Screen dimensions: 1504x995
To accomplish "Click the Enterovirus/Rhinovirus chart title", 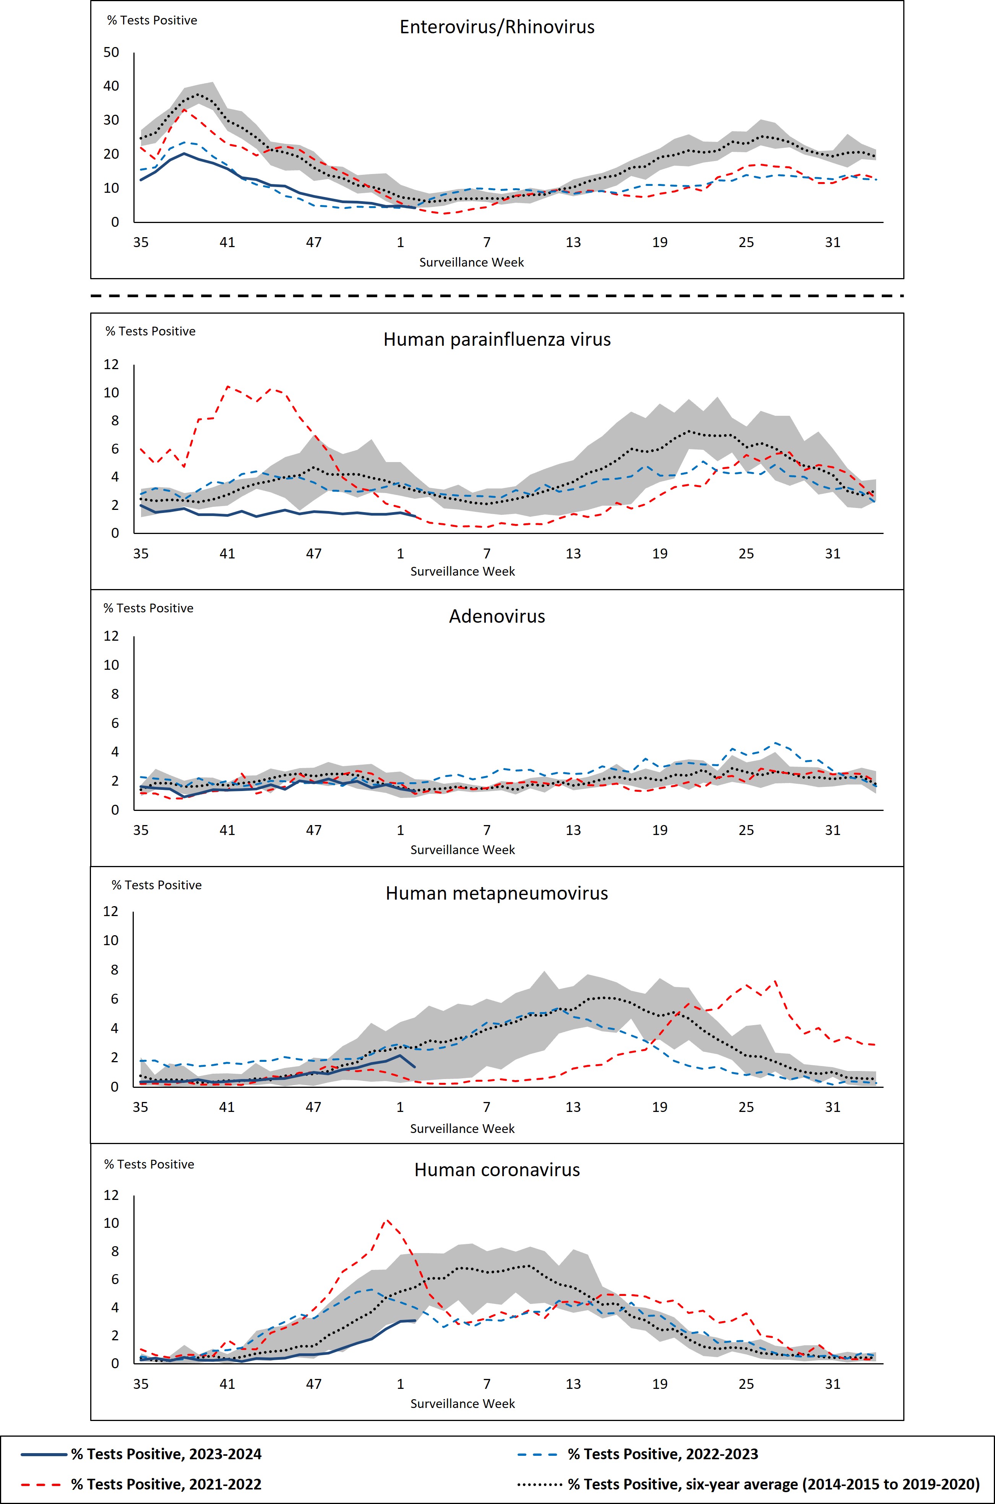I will (497, 27).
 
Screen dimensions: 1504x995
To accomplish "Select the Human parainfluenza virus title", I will (497, 340).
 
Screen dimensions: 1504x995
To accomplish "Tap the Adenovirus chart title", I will (497, 617).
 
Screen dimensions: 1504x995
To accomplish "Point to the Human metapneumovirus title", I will (497, 893).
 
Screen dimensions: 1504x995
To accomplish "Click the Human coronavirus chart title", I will (497, 1170).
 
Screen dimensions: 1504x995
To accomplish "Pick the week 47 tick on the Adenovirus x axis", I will (313, 830).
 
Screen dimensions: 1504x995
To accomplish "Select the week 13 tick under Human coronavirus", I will (573, 1384).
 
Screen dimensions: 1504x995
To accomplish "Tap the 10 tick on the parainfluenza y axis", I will (111, 392).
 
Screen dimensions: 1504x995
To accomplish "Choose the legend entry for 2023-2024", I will (166, 1454).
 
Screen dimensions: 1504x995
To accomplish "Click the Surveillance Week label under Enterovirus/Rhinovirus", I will (471, 262).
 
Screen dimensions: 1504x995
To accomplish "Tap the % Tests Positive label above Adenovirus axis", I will (148, 608).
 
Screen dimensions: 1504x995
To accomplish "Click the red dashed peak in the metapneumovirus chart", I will (776, 982).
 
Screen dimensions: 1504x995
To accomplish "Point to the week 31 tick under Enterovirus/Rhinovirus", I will (833, 242).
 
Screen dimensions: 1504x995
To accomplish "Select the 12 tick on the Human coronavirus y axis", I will (111, 1195).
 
